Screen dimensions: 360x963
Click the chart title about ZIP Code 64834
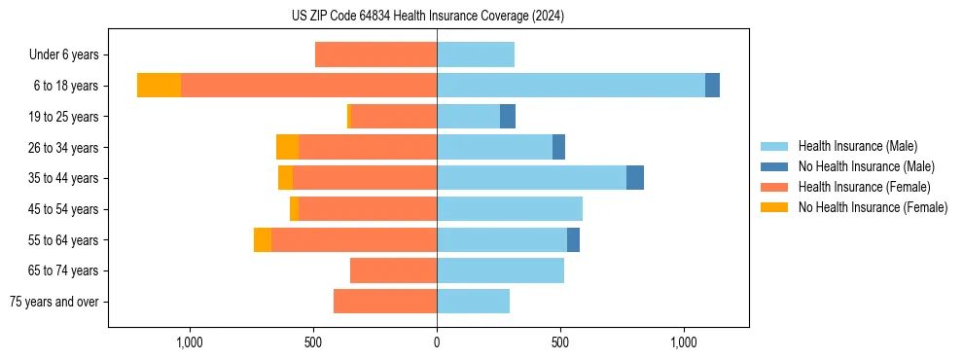click(428, 16)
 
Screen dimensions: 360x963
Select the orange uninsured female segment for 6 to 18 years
click(159, 86)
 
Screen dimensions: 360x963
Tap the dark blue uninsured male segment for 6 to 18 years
click(712, 86)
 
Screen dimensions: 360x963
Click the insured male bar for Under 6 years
click(476, 54)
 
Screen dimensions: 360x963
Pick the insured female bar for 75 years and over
click(385, 302)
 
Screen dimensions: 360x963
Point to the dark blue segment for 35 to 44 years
click(635, 178)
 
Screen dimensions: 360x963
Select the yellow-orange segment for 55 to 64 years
click(263, 239)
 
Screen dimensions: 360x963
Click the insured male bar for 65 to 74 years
click(500, 270)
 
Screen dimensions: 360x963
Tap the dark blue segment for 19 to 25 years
click(508, 117)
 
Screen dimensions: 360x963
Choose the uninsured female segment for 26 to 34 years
click(287, 147)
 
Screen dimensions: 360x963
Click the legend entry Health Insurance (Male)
click(857, 146)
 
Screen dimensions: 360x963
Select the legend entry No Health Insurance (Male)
click(866, 166)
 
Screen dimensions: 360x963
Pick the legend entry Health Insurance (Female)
click(864, 187)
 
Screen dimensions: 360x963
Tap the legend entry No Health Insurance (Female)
click(873, 207)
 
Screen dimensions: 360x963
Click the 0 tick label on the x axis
click(437, 342)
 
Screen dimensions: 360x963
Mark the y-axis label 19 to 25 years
click(63, 117)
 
